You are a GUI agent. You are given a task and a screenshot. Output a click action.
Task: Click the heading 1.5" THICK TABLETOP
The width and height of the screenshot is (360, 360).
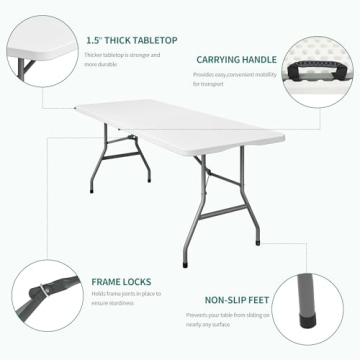pyautogui.click(x=131, y=40)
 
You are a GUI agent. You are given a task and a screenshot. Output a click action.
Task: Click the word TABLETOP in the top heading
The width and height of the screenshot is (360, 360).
pyautogui.click(x=156, y=40)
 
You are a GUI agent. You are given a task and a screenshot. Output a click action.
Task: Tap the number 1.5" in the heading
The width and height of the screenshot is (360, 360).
pyautogui.click(x=93, y=40)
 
